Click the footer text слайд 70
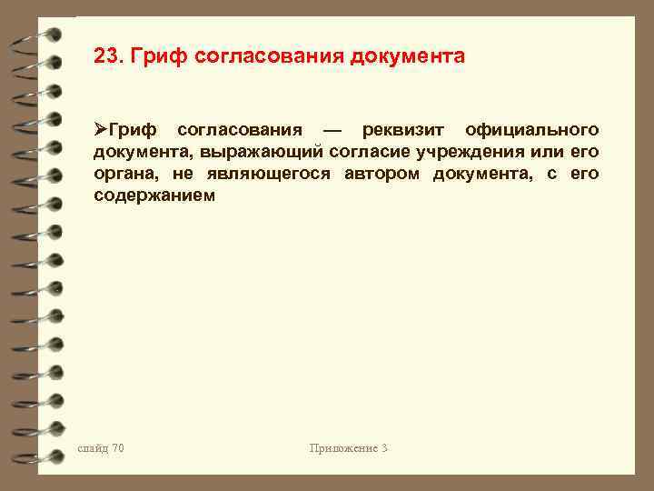[x=101, y=447]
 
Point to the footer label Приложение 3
[x=349, y=447]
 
